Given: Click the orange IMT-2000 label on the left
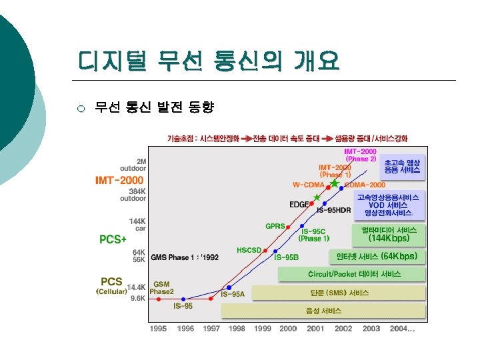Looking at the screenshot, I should pyautogui.click(x=119, y=180).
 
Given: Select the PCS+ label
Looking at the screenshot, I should pyautogui.click(x=113, y=239).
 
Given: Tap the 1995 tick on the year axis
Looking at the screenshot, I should pyautogui.click(x=158, y=329).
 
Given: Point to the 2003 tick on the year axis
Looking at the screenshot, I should pyautogui.click(x=371, y=329).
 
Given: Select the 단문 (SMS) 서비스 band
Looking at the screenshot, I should pyautogui.click(x=339, y=293).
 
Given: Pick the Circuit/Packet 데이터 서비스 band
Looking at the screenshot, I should pyautogui.click(x=351, y=274).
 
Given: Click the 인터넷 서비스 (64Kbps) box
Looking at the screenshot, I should pyautogui.click(x=377, y=256).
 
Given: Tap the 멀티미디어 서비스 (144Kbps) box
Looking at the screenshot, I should pyautogui.click(x=389, y=234).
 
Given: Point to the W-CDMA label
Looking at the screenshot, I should pyautogui.click(x=309, y=184).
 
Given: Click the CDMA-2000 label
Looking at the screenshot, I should pyautogui.click(x=365, y=184).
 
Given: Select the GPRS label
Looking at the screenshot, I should pyautogui.click(x=275, y=226).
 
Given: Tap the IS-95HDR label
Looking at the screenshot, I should pyautogui.click(x=333, y=211).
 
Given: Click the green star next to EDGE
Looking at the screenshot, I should pyautogui.click(x=317, y=197).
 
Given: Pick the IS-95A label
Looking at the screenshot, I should pyautogui.click(x=233, y=294).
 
